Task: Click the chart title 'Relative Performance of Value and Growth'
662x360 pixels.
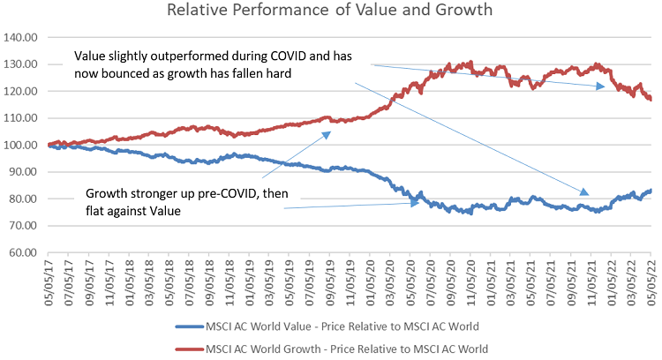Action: coord(331,11)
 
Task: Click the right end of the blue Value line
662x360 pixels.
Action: coord(651,190)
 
